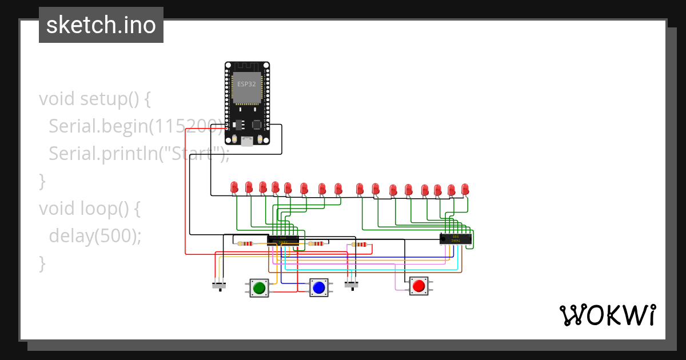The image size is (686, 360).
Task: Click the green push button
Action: (x=259, y=287)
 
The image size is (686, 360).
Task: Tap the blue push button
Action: (x=319, y=287)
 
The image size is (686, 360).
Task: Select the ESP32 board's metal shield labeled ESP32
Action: (x=247, y=87)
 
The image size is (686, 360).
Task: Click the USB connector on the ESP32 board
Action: (x=247, y=141)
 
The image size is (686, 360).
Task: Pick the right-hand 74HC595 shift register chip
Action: (x=456, y=239)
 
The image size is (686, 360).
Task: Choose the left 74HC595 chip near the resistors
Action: (x=283, y=239)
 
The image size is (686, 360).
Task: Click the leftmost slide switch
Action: (x=219, y=285)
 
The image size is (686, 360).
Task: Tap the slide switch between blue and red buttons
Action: (x=352, y=283)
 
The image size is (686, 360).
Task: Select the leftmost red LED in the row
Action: (x=234, y=187)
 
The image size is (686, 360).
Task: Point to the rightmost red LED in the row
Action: (x=465, y=189)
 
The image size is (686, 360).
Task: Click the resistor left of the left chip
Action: (x=245, y=243)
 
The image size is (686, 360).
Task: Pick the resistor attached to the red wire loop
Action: (x=360, y=245)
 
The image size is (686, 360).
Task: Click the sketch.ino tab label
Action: (x=101, y=25)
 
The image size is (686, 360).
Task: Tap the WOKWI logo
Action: (x=607, y=315)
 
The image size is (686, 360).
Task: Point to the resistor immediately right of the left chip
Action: (x=315, y=243)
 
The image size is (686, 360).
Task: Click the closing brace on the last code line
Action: (x=42, y=263)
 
